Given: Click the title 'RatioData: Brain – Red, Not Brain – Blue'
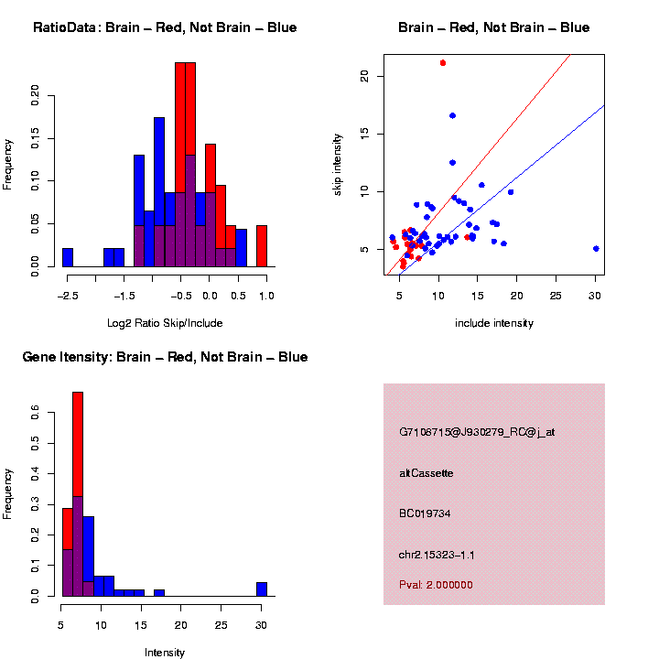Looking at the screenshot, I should click(165, 27).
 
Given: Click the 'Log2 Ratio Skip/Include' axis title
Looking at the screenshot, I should click(164, 323).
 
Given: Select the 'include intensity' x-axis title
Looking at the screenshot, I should click(494, 323).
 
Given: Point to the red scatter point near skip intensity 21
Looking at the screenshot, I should click(443, 63).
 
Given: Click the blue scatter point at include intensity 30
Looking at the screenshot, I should click(596, 248).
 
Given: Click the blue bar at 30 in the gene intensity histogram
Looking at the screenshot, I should click(262, 589).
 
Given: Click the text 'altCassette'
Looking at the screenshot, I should click(427, 473).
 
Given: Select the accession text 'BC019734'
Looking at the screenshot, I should click(425, 513).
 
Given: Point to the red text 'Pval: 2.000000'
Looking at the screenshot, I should click(436, 585).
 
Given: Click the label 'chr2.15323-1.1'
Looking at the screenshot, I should click(437, 555).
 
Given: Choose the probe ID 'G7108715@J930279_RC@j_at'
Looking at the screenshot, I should click(477, 432).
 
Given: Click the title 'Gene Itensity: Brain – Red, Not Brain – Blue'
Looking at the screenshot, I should click(165, 357).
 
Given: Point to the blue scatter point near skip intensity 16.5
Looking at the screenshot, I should click(452, 115).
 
